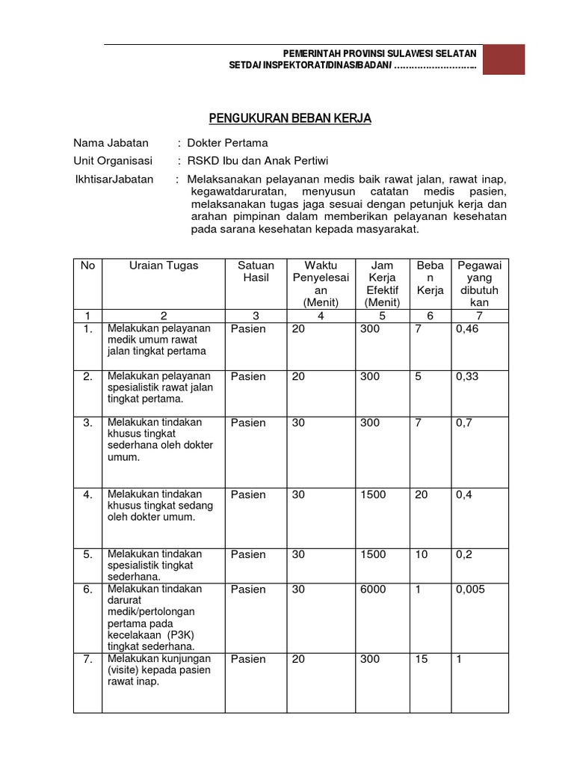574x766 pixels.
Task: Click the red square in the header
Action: coord(503,60)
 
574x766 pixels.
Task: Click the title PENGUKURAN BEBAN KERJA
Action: coord(288,118)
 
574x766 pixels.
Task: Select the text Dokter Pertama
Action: coord(227,143)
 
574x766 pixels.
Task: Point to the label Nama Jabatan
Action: coord(111,143)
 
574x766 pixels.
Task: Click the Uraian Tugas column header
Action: coord(164,266)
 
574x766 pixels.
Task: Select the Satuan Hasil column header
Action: coord(256,272)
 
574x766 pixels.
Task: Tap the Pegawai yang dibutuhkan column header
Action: coord(478,284)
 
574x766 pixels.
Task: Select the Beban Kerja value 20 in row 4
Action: coord(422,494)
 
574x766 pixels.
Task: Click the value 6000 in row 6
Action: coord(373,589)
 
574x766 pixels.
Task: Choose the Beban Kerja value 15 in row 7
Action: coord(422,659)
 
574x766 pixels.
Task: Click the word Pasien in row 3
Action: coord(248,423)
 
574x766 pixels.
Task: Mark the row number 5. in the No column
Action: coord(88,554)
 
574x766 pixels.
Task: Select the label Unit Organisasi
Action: coord(113,161)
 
